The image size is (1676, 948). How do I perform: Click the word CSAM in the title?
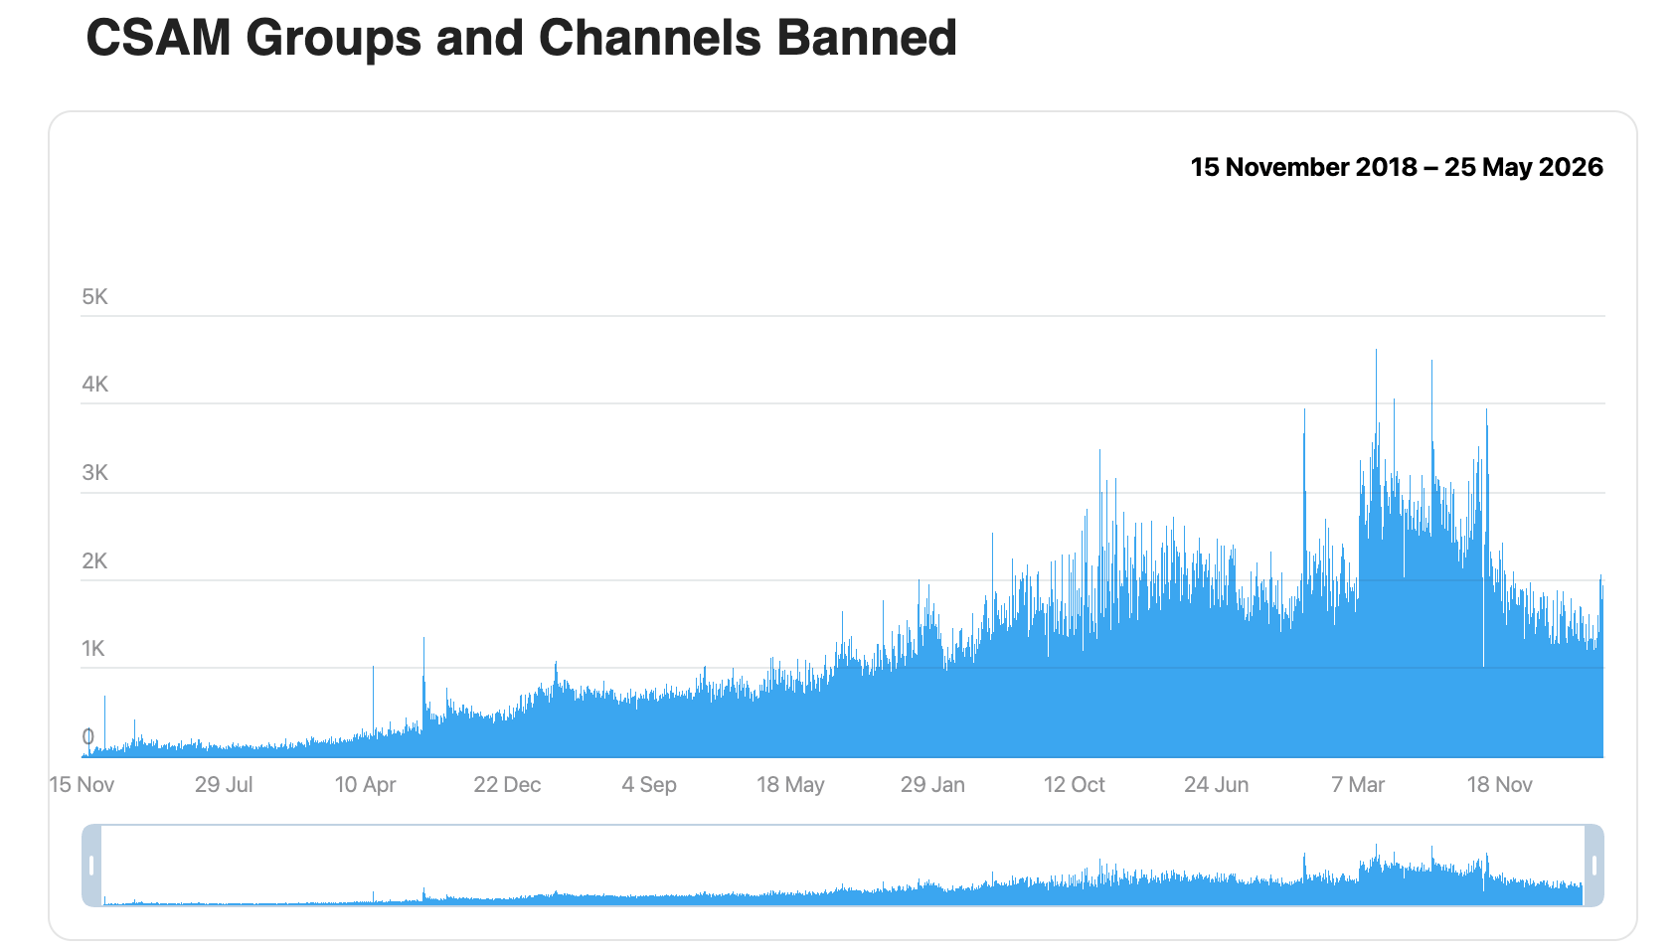158,38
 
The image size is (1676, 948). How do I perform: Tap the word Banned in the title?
867,38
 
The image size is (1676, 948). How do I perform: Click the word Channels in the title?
649,38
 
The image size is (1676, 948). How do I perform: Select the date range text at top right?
1396,167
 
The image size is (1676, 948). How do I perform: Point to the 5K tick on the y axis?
95,297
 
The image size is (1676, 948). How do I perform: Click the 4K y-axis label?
95,385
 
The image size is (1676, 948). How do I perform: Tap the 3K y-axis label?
95,473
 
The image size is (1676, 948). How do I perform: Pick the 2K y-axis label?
95,561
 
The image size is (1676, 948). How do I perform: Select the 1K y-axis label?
93,649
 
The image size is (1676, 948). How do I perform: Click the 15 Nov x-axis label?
82,785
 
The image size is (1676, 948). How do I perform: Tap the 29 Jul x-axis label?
224,785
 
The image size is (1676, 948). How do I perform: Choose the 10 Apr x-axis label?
365,785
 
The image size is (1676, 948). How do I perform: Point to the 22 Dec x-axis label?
507,785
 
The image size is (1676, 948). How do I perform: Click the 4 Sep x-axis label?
649,785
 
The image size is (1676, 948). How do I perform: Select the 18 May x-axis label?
790,785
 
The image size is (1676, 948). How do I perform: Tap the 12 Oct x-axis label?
1075,785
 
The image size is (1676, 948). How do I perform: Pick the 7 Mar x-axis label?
1358,785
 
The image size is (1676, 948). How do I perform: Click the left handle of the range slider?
91,866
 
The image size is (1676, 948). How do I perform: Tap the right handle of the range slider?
1594,866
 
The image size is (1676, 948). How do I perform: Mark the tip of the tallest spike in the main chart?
1376,350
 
